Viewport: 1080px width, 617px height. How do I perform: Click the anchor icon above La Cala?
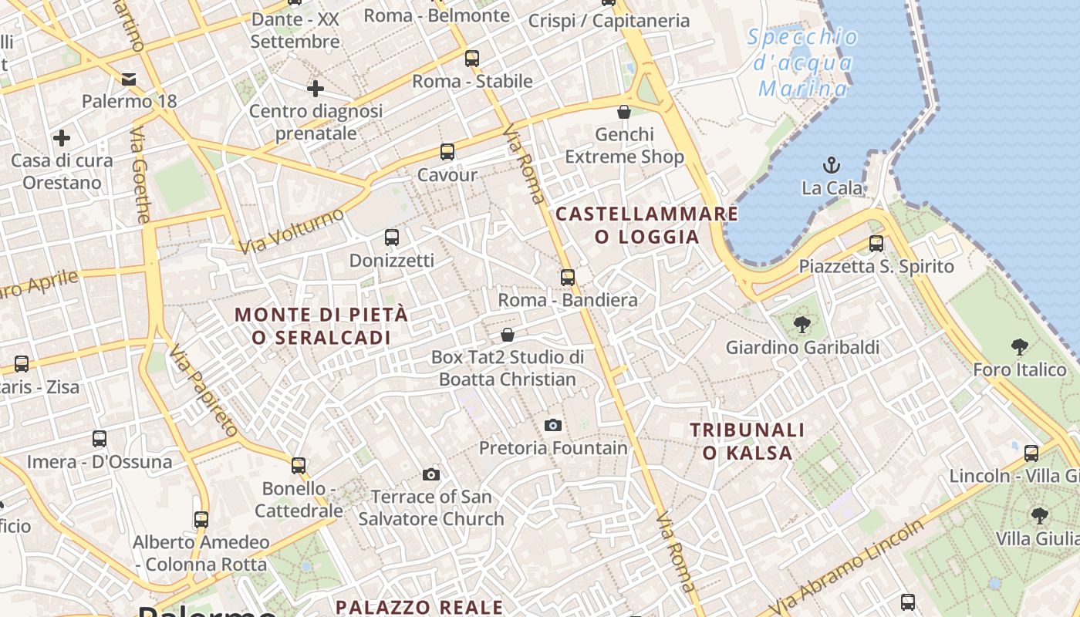tap(832, 164)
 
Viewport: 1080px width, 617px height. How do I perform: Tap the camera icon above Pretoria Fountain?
tap(552, 425)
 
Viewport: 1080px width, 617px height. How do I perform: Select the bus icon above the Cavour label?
tap(447, 151)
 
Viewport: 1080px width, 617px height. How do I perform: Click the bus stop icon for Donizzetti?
tap(392, 237)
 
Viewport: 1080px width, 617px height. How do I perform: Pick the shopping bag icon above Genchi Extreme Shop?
tap(624, 112)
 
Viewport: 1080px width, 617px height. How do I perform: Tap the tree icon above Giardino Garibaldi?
tap(802, 324)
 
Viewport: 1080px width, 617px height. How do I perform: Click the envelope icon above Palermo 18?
tap(129, 79)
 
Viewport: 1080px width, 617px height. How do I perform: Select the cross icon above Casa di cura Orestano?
tap(62, 138)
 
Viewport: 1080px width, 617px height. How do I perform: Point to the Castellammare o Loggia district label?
tap(646, 225)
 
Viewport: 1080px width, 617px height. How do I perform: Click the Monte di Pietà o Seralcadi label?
tap(321, 326)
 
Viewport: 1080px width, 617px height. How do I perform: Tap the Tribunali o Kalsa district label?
tap(747, 441)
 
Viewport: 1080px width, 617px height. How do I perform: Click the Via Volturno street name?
tap(292, 230)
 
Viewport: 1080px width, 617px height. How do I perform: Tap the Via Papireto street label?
tap(203, 391)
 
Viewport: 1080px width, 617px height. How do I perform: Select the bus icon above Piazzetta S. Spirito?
tap(876, 244)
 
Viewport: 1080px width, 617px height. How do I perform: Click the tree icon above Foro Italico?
tap(1020, 347)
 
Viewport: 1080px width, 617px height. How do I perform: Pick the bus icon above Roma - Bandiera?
tap(568, 278)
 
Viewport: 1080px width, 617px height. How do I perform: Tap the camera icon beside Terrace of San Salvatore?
tap(431, 474)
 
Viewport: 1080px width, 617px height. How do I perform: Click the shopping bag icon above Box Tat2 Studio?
tap(508, 335)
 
